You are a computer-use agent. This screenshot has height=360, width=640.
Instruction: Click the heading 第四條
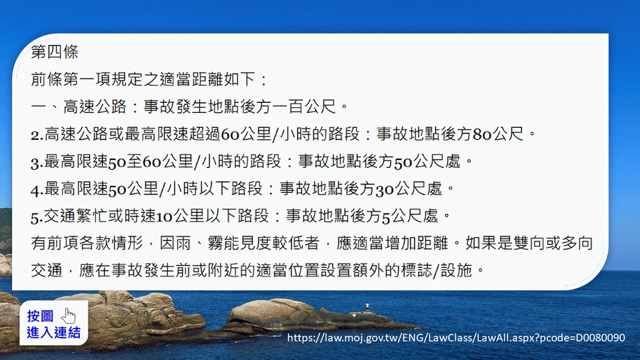pyautogui.click(x=54, y=52)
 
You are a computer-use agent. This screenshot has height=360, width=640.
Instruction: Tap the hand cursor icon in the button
pyautogui.click(x=69, y=316)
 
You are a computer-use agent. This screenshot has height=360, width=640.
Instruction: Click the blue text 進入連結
pyautogui.click(x=54, y=333)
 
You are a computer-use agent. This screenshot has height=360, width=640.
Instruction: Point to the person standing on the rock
pyautogui.click(x=367, y=307)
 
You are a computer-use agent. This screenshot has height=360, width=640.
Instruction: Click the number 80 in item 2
pyautogui.click(x=482, y=134)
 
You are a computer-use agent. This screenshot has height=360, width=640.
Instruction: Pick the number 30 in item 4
pyautogui.click(x=384, y=189)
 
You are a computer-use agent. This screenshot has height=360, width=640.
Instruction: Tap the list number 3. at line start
pyautogui.click(x=36, y=162)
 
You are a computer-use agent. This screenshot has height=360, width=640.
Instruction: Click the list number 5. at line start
pyautogui.click(x=36, y=216)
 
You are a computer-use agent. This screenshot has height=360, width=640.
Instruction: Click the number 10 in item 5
pyautogui.click(x=164, y=216)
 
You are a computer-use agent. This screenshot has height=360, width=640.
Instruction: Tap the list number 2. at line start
pyautogui.click(x=36, y=135)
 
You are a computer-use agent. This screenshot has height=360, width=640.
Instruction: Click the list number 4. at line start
pyautogui.click(x=36, y=190)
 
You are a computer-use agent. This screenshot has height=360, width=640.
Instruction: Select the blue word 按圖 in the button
pyautogui.click(x=40, y=316)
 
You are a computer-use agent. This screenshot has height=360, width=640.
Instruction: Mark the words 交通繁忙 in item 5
pyautogui.click(x=75, y=216)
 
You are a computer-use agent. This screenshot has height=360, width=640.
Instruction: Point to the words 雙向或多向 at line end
pyautogui.click(x=553, y=243)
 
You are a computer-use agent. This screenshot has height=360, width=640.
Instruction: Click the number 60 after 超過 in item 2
pyautogui.click(x=230, y=134)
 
